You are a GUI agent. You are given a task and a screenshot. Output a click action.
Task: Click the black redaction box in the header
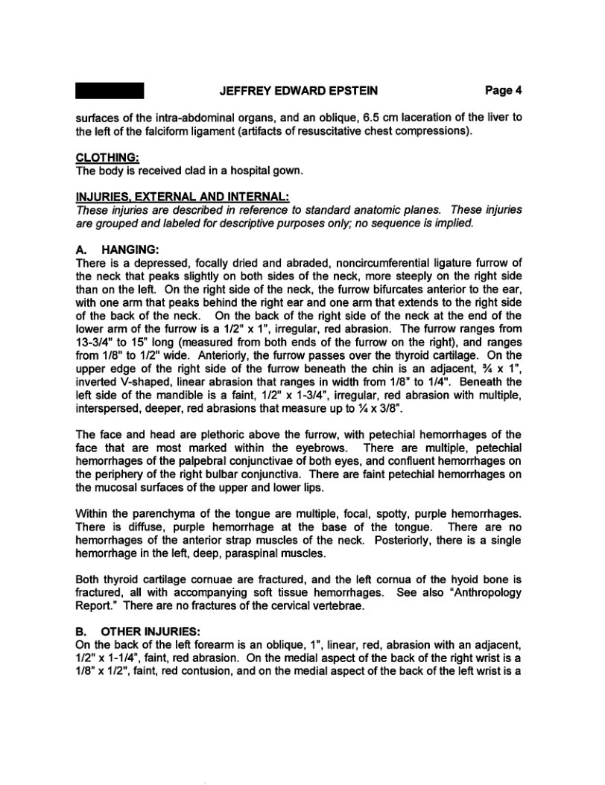click(110, 91)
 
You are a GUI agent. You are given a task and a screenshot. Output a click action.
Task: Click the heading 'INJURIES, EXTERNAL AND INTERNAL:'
click(183, 197)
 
